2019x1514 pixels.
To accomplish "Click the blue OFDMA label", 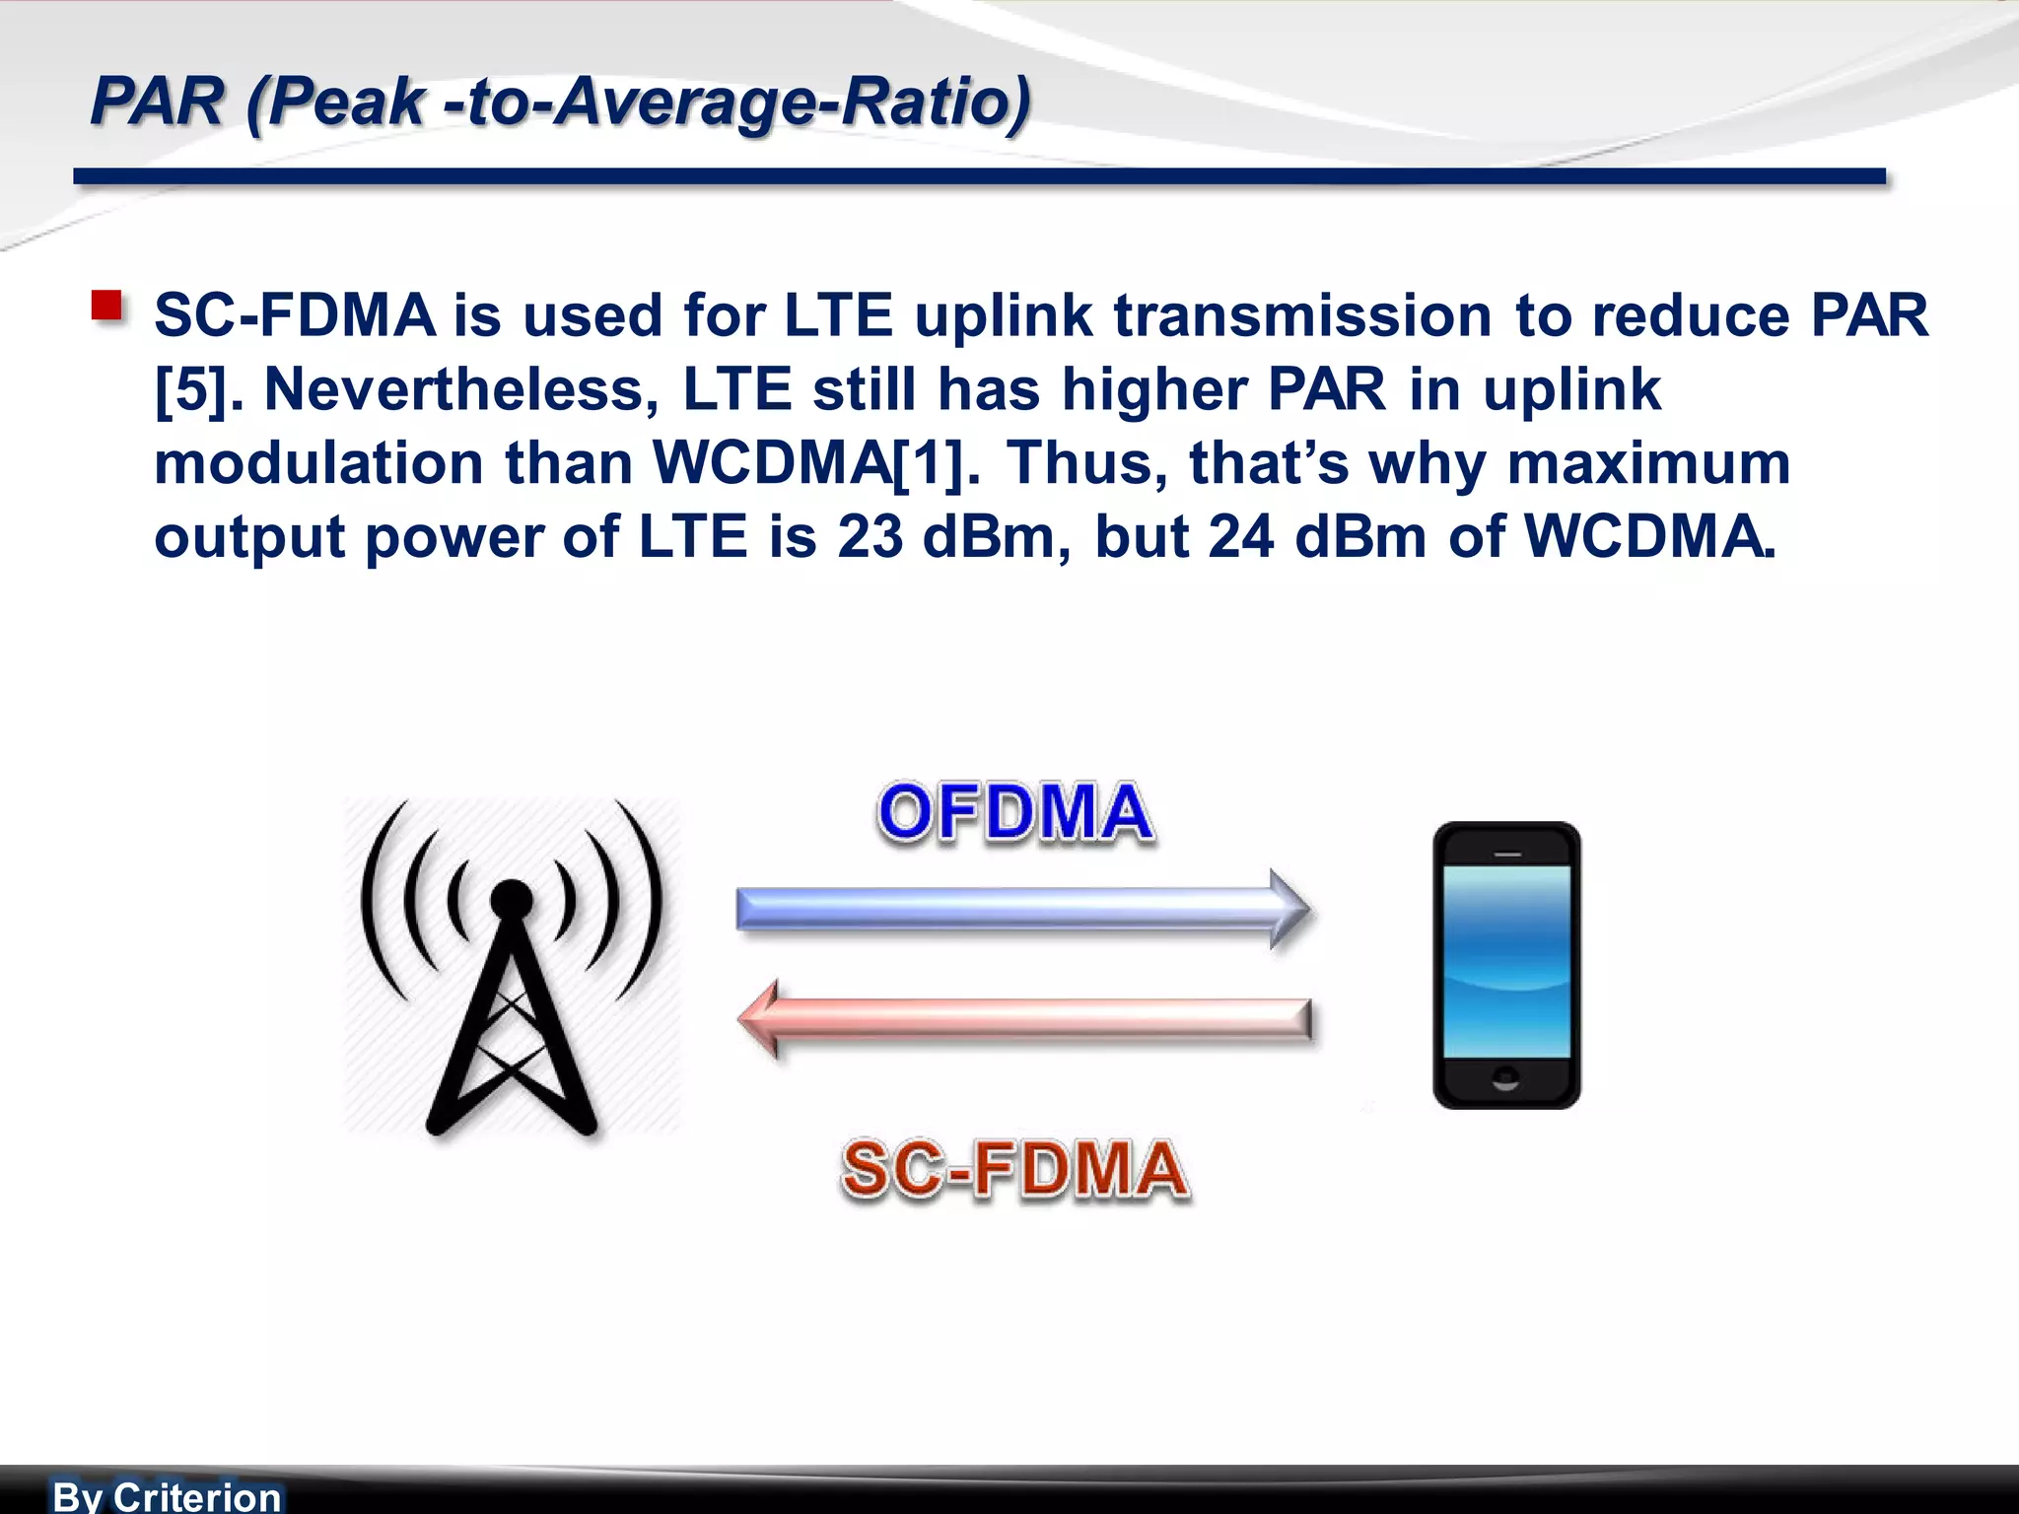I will (1014, 813).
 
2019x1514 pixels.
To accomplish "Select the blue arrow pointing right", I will (1022, 909).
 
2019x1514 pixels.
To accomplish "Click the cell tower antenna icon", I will (512, 966).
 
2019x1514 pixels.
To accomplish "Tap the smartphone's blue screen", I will (1506, 961).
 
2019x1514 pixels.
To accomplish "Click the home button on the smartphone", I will (1505, 1077).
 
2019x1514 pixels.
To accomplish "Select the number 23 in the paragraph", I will (870, 537).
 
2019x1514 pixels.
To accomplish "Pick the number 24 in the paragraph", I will (1240, 537).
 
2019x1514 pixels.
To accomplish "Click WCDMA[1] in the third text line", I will (816, 463).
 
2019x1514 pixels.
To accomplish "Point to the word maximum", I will (1648, 463).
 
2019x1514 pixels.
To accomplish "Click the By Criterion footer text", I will (167, 1496).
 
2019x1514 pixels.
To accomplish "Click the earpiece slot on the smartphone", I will (1507, 854).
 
